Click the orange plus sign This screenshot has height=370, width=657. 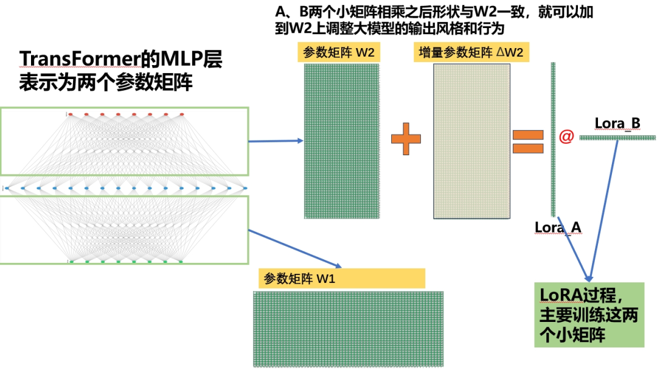(406, 141)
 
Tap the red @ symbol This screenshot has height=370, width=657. (566, 137)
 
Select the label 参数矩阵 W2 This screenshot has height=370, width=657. (338, 52)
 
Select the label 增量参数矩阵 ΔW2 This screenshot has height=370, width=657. (471, 52)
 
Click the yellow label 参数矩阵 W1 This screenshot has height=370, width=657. (341, 278)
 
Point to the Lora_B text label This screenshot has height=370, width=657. (617, 124)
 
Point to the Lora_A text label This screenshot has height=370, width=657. (558, 228)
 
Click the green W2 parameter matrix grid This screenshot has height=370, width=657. (342, 141)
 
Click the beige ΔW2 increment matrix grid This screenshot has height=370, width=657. (471, 141)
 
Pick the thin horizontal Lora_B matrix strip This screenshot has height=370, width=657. (617, 138)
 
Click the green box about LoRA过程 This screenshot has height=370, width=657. (589, 315)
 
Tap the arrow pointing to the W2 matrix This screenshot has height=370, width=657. (276, 141)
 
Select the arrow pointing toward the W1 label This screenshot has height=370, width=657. (296, 249)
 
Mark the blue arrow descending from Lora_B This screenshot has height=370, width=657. (605, 207)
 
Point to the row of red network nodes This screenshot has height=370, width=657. (125, 114)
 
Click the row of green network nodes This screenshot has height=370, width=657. (125, 262)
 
